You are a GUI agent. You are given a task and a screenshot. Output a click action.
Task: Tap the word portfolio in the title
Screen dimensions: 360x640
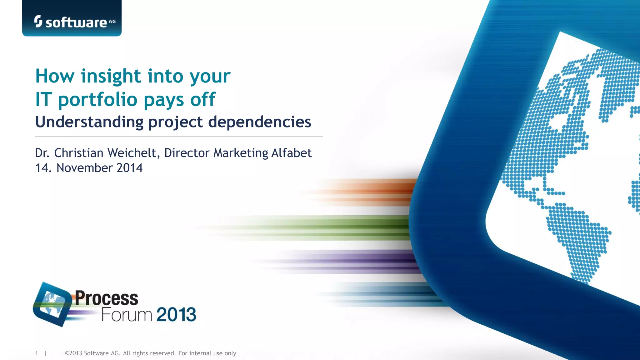click(98, 100)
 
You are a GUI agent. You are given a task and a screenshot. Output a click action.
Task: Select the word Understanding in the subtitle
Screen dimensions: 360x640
click(89, 122)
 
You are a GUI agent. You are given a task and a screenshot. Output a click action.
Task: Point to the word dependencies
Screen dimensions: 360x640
click(260, 122)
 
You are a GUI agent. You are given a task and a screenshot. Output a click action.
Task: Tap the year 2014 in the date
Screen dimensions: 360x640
click(130, 168)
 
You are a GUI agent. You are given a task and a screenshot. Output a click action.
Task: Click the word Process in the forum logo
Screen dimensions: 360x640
click(106, 298)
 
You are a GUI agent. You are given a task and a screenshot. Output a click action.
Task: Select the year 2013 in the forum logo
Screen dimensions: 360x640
click(176, 314)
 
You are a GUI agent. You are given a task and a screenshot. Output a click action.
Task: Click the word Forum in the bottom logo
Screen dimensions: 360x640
click(127, 314)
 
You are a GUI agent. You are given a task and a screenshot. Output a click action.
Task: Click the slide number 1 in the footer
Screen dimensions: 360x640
click(37, 353)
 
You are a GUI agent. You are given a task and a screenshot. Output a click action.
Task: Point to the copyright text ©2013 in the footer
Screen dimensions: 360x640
click(73, 353)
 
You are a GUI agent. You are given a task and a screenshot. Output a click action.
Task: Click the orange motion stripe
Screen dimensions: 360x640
click(375, 191)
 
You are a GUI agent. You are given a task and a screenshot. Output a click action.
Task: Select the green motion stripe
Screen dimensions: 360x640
click(344, 227)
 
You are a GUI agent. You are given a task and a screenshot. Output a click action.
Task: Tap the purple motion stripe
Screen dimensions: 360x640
click(359, 261)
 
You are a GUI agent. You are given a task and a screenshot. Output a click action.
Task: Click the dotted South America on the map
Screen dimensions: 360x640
click(578, 237)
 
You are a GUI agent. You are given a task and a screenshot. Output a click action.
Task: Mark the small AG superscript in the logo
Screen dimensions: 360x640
click(112, 22)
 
